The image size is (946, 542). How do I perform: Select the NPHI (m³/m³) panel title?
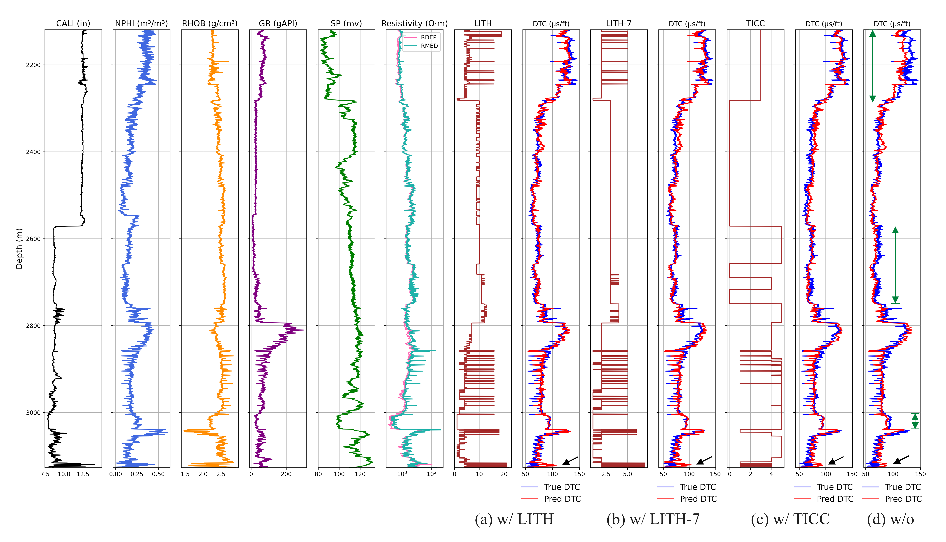[142, 23]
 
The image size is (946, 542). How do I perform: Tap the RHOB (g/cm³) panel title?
[210, 23]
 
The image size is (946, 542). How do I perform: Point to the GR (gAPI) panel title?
[278, 23]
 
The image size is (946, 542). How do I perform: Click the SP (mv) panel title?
[346, 23]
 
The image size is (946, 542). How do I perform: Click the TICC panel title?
[755, 23]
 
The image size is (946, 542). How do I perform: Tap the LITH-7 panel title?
[619, 23]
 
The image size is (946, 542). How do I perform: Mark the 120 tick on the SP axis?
[360, 474]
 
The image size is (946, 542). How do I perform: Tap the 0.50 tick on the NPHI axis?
[158, 474]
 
